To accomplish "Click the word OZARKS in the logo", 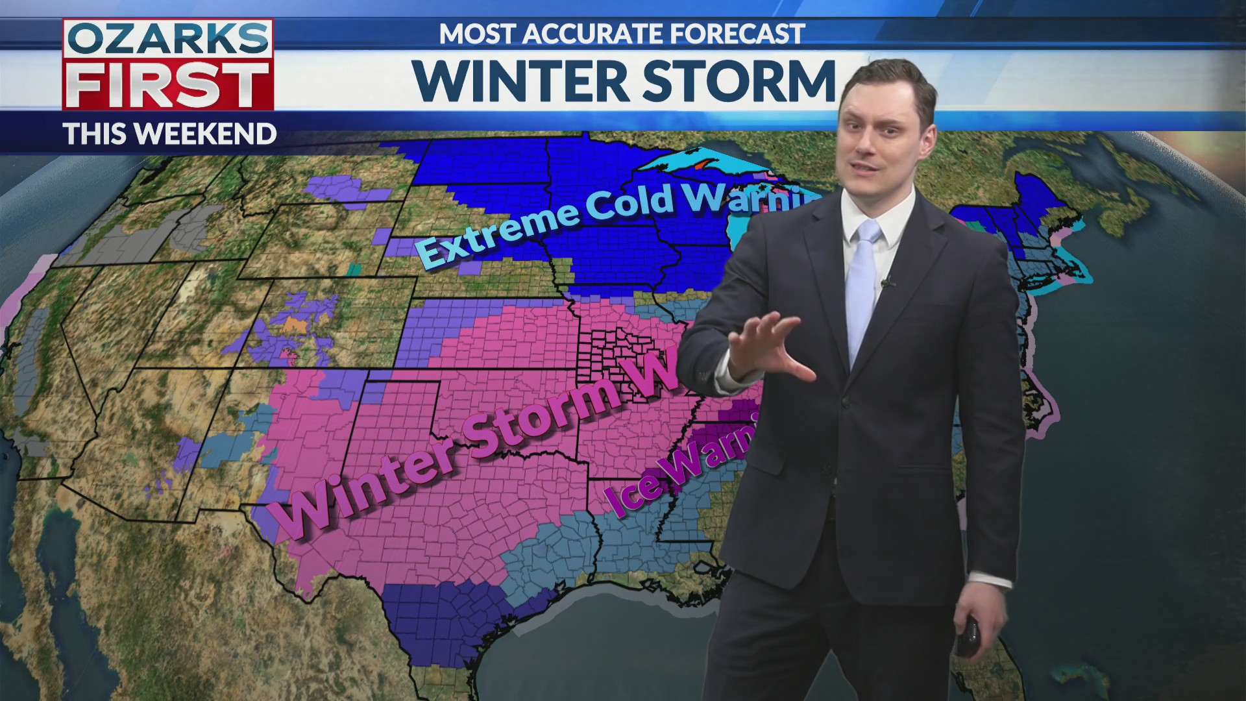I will [x=168, y=40].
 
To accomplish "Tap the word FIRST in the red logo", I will [x=168, y=85].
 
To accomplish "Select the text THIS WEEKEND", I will [x=170, y=134].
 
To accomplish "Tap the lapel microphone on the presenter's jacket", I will [x=887, y=282].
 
